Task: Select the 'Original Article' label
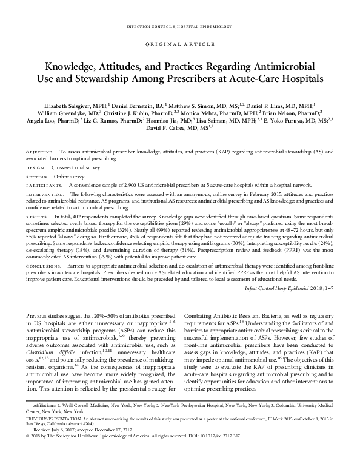click(x=179, y=45)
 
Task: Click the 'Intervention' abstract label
click(x=45, y=194)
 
